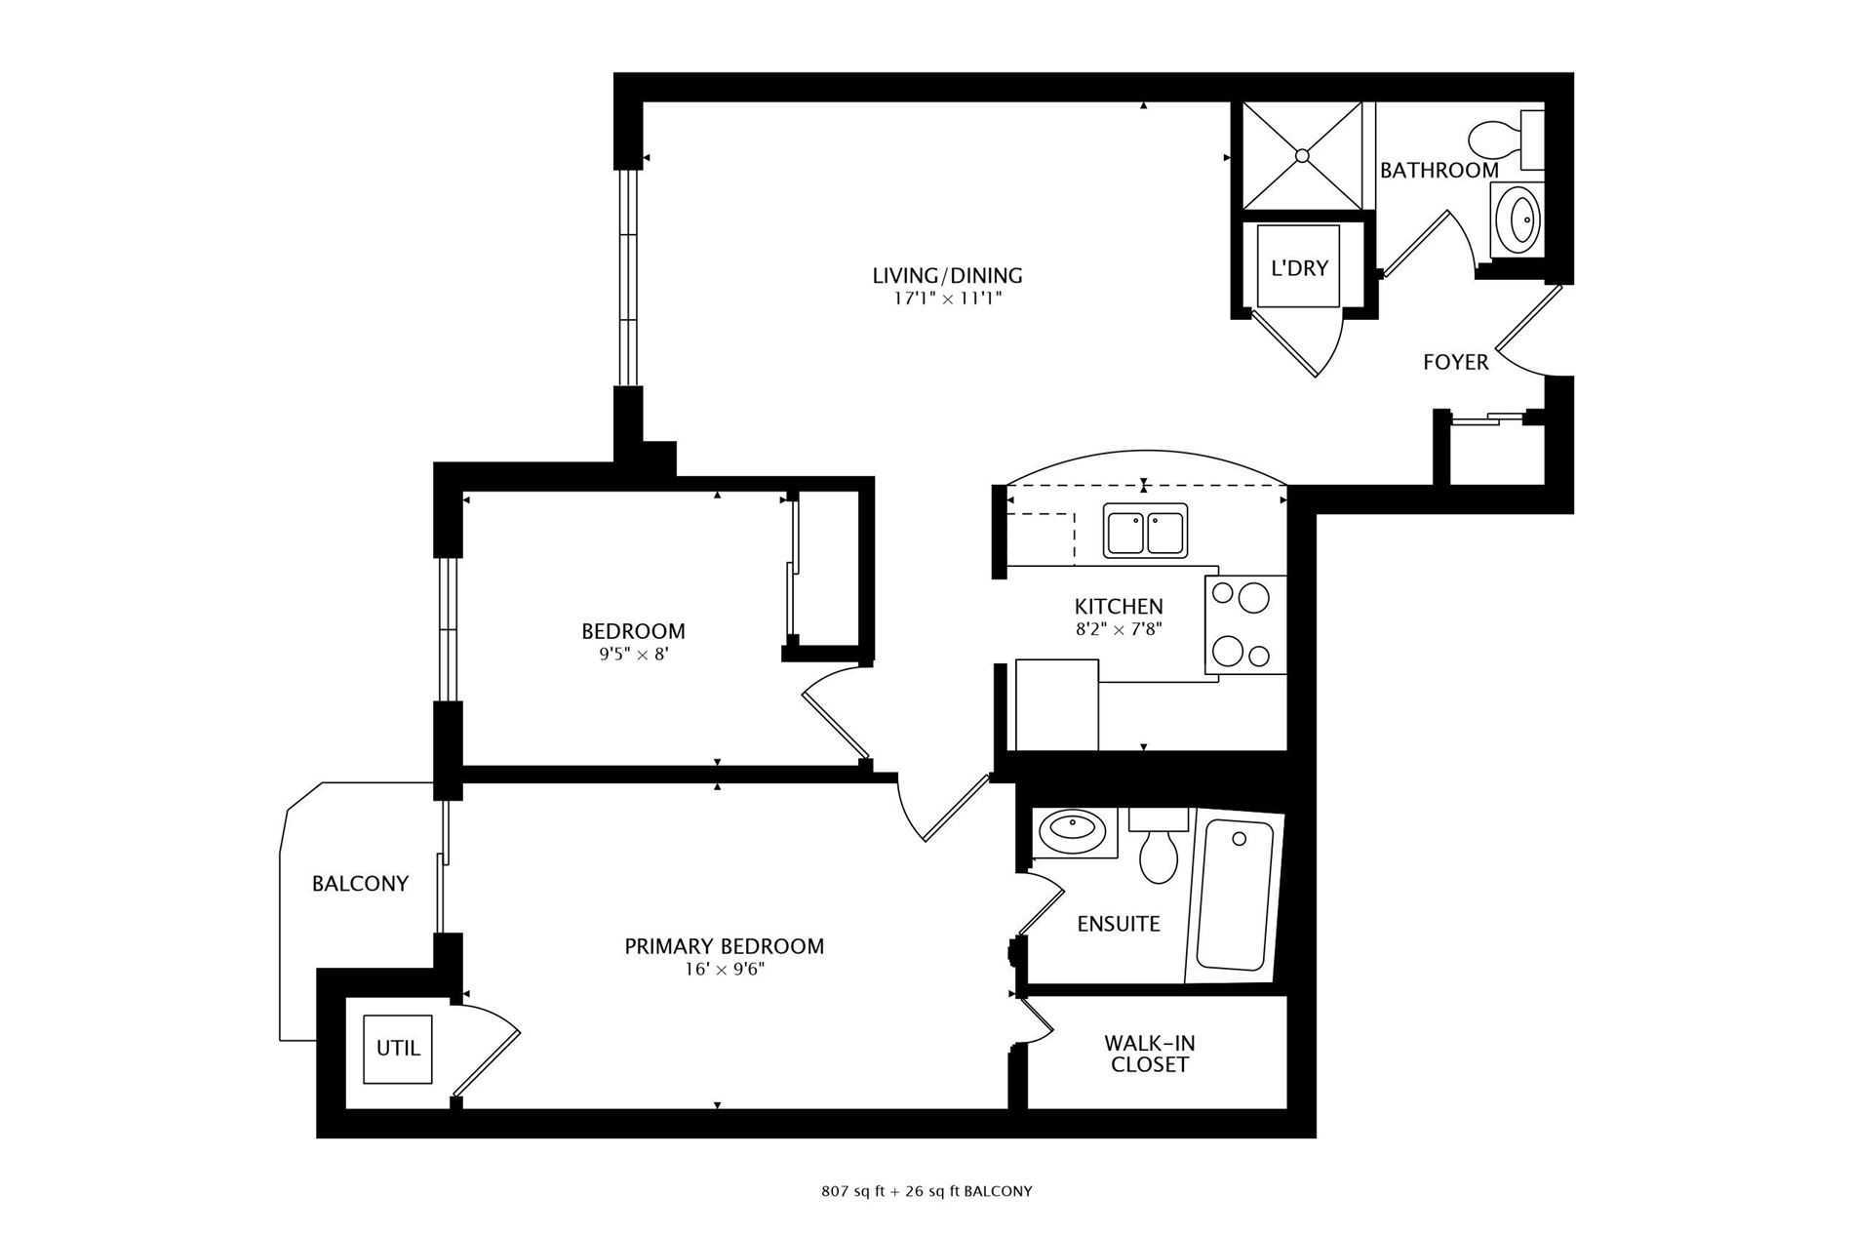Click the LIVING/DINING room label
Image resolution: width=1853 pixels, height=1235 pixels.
(947, 276)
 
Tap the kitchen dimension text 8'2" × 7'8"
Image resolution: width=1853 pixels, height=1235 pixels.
(1119, 629)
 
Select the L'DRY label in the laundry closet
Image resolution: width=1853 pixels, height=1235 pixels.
(1299, 267)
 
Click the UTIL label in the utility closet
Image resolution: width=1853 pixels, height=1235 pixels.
(398, 1048)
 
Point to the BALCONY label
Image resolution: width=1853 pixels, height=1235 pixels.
(360, 884)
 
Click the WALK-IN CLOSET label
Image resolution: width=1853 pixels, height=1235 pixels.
(1150, 1054)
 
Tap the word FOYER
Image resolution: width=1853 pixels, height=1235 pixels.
(1455, 363)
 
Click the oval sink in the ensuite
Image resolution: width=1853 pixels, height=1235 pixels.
(1070, 831)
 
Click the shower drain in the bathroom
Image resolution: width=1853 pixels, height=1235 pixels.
(1302, 155)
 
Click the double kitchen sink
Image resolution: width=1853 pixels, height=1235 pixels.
(1146, 531)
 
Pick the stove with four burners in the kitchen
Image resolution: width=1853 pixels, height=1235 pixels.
(1245, 624)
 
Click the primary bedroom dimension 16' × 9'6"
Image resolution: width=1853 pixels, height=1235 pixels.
(725, 970)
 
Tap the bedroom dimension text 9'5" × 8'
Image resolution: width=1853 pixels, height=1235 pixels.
(634, 655)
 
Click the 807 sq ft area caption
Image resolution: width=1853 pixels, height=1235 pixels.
(926, 1191)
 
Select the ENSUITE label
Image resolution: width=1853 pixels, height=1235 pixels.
(1119, 924)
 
